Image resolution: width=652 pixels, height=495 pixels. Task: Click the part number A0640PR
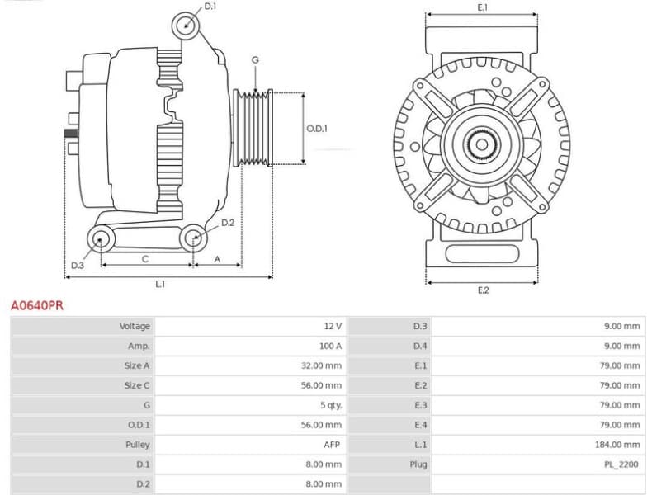[36, 305]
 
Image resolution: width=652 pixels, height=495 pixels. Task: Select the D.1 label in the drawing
[210, 7]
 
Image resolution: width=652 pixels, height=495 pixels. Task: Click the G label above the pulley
[255, 60]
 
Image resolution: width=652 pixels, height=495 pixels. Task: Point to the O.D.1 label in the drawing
[317, 128]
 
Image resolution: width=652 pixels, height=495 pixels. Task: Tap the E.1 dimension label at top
[483, 7]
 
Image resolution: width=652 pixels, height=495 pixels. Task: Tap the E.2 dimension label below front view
[483, 290]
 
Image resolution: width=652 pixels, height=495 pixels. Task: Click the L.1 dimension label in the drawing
[160, 284]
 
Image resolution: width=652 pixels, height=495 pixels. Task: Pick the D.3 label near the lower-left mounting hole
[77, 265]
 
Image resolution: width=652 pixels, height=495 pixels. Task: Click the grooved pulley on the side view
[255, 128]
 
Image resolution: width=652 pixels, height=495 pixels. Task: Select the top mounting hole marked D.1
[187, 26]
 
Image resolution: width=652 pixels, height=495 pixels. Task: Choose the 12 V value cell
[333, 326]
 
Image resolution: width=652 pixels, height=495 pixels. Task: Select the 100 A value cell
[330, 346]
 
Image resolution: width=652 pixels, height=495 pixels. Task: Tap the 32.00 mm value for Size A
[322, 365]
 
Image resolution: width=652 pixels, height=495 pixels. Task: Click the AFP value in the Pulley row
[333, 445]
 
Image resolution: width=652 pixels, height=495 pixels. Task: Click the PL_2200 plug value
[621, 464]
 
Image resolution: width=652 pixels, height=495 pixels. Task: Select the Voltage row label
[135, 326]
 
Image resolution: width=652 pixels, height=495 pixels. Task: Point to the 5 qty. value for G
[330, 405]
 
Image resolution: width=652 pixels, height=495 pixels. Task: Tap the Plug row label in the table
[418, 464]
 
